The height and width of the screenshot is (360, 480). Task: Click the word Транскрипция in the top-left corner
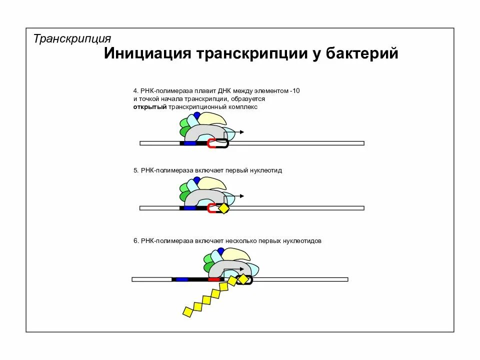coord(72,38)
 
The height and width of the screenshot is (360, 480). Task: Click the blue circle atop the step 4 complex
coord(197,115)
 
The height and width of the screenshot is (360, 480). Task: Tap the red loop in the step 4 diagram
coord(211,143)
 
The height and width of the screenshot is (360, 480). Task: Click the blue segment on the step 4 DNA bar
coord(190,143)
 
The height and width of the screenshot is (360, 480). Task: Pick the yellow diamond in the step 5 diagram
coord(223,208)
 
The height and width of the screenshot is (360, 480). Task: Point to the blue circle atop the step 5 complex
coord(197,179)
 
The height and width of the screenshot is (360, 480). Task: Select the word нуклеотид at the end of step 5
coord(267,170)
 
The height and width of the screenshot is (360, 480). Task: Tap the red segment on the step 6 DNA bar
coord(213,279)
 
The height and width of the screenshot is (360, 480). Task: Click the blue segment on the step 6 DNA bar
coord(181,279)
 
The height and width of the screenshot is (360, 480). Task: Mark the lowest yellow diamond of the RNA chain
coord(187,312)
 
